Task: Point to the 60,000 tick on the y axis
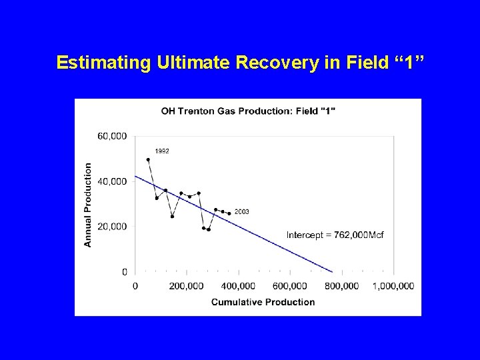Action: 112,136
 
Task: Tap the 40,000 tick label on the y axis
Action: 112,181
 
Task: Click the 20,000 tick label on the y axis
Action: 112,227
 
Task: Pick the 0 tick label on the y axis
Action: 124,272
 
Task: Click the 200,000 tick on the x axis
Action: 186,286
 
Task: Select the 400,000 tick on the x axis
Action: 238,286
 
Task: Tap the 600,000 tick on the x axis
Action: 290,286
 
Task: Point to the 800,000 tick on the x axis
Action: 341,286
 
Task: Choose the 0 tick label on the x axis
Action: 135,286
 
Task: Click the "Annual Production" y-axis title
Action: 88,205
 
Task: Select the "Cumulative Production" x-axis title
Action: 263,302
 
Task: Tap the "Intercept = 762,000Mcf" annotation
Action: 335,235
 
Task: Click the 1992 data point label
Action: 162,151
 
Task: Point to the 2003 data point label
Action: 242,211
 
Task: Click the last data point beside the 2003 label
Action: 229,213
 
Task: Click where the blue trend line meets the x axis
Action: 333,272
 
